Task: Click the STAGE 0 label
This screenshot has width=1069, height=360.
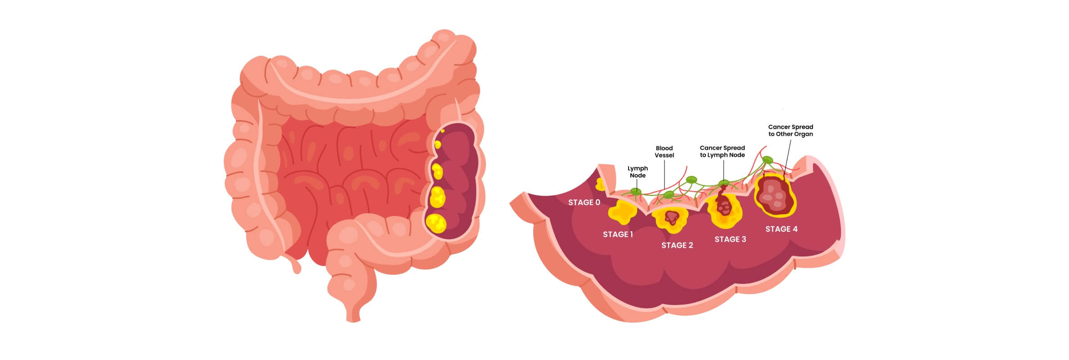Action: (x=584, y=202)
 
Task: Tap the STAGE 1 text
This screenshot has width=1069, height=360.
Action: (x=618, y=234)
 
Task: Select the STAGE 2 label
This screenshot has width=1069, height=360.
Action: (x=677, y=245)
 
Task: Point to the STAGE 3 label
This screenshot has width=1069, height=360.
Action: (x=730, y=239)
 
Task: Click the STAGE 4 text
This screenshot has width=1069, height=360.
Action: (x=782, y=229)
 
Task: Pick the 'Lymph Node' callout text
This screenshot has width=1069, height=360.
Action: (x=638, y=172)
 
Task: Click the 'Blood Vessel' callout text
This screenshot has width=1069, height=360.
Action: (x=664, y=152)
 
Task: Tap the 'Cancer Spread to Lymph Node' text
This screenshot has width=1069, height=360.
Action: (x=722, y=151)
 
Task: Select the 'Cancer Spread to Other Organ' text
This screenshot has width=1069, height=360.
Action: (x=791, y=130)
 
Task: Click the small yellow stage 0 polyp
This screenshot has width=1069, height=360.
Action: (x=600, y=183)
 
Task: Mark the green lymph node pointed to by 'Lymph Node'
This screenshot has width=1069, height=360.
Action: (x=636, y=192)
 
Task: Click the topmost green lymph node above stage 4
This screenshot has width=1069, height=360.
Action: (x=768, y=160)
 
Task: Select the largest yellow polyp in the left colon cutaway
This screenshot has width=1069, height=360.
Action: (x=436, y=222)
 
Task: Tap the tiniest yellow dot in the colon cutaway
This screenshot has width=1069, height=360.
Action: (x=443, y=131)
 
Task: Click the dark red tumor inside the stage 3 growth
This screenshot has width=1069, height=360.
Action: (x=723, y=205)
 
